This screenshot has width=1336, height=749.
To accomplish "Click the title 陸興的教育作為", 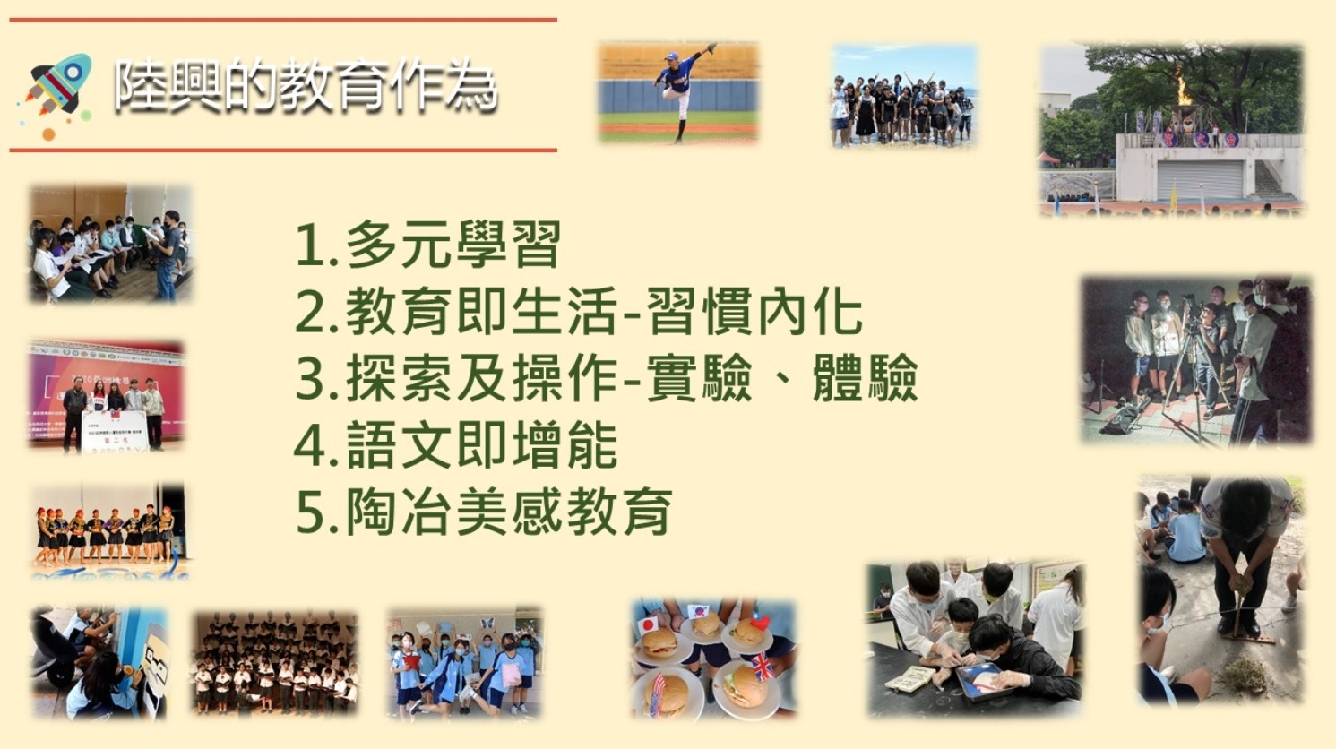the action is [306, 86].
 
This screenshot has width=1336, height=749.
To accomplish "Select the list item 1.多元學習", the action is [427, 245].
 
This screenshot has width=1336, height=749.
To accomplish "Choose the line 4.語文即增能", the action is [456, 445].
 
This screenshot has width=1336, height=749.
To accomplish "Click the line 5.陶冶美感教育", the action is [484, 511].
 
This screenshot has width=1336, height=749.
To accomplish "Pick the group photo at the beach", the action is [904, 95].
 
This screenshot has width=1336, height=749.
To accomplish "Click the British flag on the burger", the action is [763, 666].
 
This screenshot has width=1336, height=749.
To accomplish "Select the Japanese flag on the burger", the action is [649, 624].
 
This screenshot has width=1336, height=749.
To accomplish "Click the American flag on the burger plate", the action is [657, 693].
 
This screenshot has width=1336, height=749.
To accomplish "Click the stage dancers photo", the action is [109, 530].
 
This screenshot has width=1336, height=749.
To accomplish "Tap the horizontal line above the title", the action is [283, 20].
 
